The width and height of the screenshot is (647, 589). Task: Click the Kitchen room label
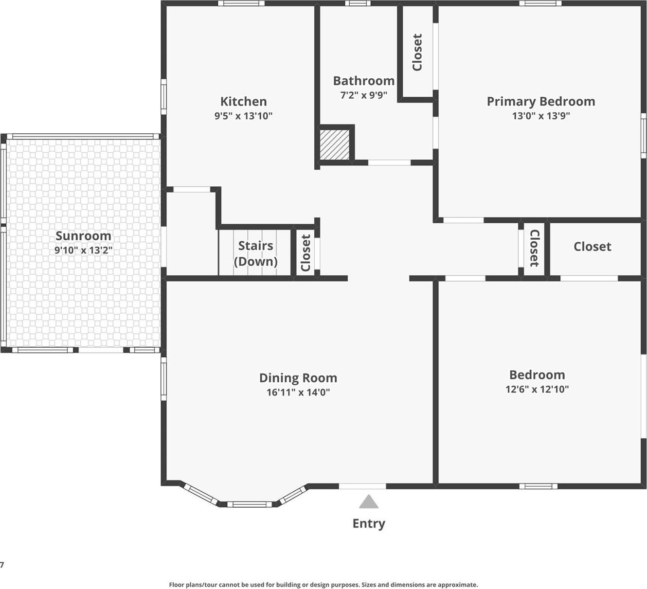coord(243,102)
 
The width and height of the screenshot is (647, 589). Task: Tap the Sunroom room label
coord(83,236)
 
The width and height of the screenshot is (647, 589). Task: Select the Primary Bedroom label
coord(541,102)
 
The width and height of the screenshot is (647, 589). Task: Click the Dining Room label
coord(298,378)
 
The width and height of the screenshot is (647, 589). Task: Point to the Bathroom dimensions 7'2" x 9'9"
coord(363,95)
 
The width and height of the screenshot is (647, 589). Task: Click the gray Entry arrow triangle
coord(369,501)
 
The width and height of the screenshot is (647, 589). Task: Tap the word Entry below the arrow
coord(369,523)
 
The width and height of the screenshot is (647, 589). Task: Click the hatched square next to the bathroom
coord(335,144)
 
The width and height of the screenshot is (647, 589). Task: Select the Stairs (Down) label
coord(255,253)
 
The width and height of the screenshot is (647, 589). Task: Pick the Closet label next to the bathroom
coord(417,52)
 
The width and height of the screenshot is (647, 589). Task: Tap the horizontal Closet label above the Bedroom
coord(592,247)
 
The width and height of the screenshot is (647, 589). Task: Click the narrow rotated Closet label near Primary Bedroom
coord(534,248)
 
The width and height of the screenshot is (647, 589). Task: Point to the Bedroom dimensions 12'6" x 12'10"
coord(537,389)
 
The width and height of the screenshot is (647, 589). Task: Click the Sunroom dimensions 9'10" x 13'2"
coord(83,250)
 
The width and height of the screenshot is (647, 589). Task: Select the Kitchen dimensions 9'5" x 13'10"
coord(243,116)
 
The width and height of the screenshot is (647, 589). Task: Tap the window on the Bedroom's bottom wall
coord(538,485)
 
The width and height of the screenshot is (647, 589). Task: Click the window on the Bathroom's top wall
coord(358,3)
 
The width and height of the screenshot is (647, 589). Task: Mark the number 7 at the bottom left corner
coord(2,565)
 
